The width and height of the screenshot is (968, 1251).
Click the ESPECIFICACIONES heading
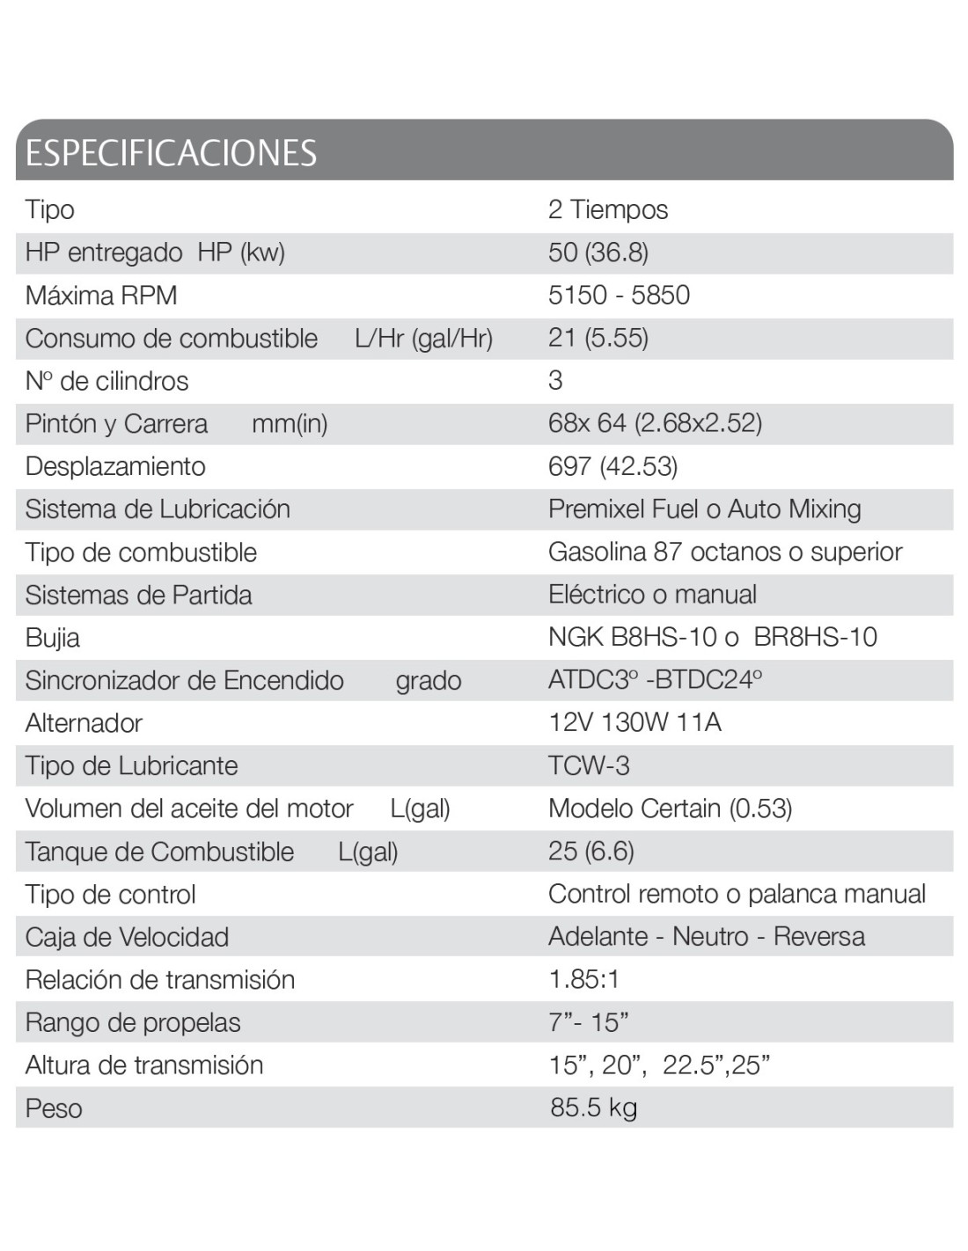(x=171, y=153)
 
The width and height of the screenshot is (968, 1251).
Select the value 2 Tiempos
(x=607, y=209)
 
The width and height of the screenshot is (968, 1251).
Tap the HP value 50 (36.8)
(x=598, y=252)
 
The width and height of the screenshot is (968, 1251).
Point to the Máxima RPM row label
(x=101, y=296)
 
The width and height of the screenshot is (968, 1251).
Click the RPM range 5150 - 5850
(x=619, y=295)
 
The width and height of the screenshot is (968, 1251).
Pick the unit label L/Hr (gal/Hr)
(x=423, y=339)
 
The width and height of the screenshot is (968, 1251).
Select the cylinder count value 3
(x=555, y=381)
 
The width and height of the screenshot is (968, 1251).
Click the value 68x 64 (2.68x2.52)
(x=655, y=423)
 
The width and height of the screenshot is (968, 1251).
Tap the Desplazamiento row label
(x=115, y=466)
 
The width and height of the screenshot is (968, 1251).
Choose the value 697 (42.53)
(x=612, y=466)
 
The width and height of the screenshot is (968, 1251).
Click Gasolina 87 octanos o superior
(x=725, y=552)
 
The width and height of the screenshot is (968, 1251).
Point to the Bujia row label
(x=53, y=638)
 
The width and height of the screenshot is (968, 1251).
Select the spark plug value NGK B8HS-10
(x=633, y=637)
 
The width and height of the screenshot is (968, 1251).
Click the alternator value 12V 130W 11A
(x=634, y=723)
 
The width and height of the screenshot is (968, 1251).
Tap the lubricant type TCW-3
(x=589, y=765)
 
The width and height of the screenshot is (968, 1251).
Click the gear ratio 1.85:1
(x=584, y=979)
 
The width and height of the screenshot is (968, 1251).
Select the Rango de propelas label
(x=133, y=1022)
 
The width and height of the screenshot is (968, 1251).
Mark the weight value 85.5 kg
(x=593, y=1108)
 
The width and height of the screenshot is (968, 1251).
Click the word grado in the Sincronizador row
(x=429, y=681)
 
